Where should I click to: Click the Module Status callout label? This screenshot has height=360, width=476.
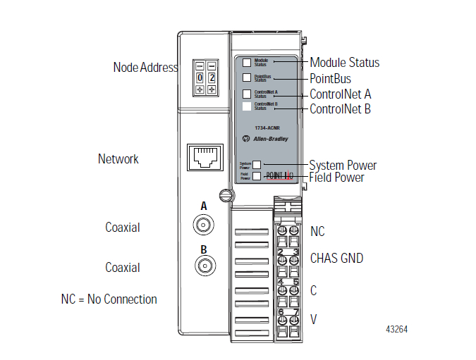point(344,63)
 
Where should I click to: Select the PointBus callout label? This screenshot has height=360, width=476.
point(330,78)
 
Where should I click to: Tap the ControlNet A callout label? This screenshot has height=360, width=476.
point(340,94)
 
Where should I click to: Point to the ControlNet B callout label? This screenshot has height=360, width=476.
point(340,109)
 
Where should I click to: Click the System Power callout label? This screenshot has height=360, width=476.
point(343,166)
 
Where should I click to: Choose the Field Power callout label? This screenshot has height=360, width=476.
point(336,178)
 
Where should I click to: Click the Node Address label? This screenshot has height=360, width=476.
point(145,68)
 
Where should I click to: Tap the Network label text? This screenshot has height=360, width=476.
point(118,159)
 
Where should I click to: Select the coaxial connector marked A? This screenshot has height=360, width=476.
point(204,225)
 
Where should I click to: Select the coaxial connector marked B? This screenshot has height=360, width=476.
point(204,266)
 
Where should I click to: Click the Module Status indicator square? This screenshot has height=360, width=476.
point(247,63)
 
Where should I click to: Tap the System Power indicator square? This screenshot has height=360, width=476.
point(257,165)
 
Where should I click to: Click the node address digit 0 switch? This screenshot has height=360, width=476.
point(201,77)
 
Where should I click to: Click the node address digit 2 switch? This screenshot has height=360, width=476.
point(212,77)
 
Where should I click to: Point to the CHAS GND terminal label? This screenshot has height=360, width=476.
point(336,259)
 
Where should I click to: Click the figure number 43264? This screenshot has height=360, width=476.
point(396,329)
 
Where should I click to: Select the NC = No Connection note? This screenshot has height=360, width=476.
point(109,299)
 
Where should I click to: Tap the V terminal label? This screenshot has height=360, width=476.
point(314,319)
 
